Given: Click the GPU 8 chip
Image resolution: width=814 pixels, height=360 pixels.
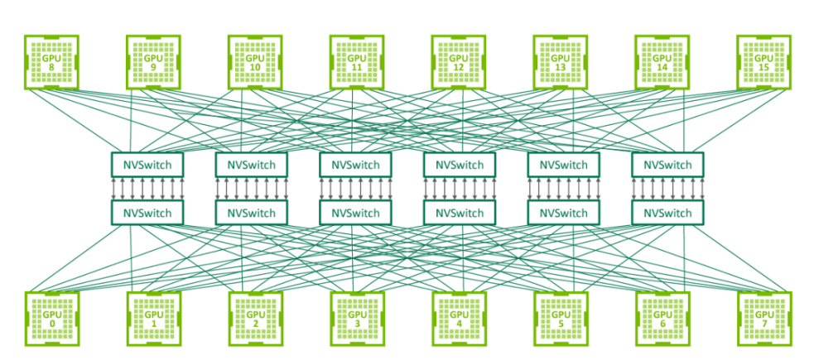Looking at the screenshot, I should click(x=51, y=62).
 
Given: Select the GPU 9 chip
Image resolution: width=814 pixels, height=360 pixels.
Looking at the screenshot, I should click(x=153, y=62).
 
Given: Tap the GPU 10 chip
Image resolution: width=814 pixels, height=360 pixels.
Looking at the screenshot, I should click(x=255, y=62).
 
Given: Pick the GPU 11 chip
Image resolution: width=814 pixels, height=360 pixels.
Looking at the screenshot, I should click(x=356, y=62).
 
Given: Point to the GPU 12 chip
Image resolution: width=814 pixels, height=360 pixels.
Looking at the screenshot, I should click(x=458, y=62).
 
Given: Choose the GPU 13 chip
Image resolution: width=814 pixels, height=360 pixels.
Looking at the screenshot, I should click(x=560, y=62).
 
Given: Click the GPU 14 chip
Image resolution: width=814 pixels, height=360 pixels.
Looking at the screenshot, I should click(x=662, y=62).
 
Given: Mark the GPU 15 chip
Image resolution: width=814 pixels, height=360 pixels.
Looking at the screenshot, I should click(x=763, y=62).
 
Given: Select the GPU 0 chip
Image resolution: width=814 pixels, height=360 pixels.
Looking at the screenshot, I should click(x=51, y=319).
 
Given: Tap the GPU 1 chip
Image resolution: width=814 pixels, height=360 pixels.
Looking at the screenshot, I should click(x=153, y=319).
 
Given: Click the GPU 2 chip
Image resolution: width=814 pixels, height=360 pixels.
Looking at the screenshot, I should click(x=255, y=319).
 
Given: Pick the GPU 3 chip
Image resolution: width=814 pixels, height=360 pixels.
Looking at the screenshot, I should click(x=356, y=319).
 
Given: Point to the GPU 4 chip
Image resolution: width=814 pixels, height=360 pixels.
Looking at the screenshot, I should click(x=458, y=319).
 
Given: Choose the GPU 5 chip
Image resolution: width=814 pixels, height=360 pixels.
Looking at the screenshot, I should click(x=560, y=319).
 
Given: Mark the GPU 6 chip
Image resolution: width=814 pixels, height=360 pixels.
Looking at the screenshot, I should click(x=662, y=319).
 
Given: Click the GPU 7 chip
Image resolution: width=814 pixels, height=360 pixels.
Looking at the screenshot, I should click(x=763, y=319).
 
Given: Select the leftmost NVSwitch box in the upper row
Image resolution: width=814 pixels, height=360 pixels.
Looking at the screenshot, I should click(x=147, y=165).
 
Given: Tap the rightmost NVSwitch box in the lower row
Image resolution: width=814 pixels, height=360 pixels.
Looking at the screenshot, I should click(x=667, y=214).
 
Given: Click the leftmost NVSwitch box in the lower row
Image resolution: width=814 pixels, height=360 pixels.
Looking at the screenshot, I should click(x=147, y=214).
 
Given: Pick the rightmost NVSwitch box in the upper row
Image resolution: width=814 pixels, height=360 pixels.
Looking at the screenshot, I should click(x=667, y=165).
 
